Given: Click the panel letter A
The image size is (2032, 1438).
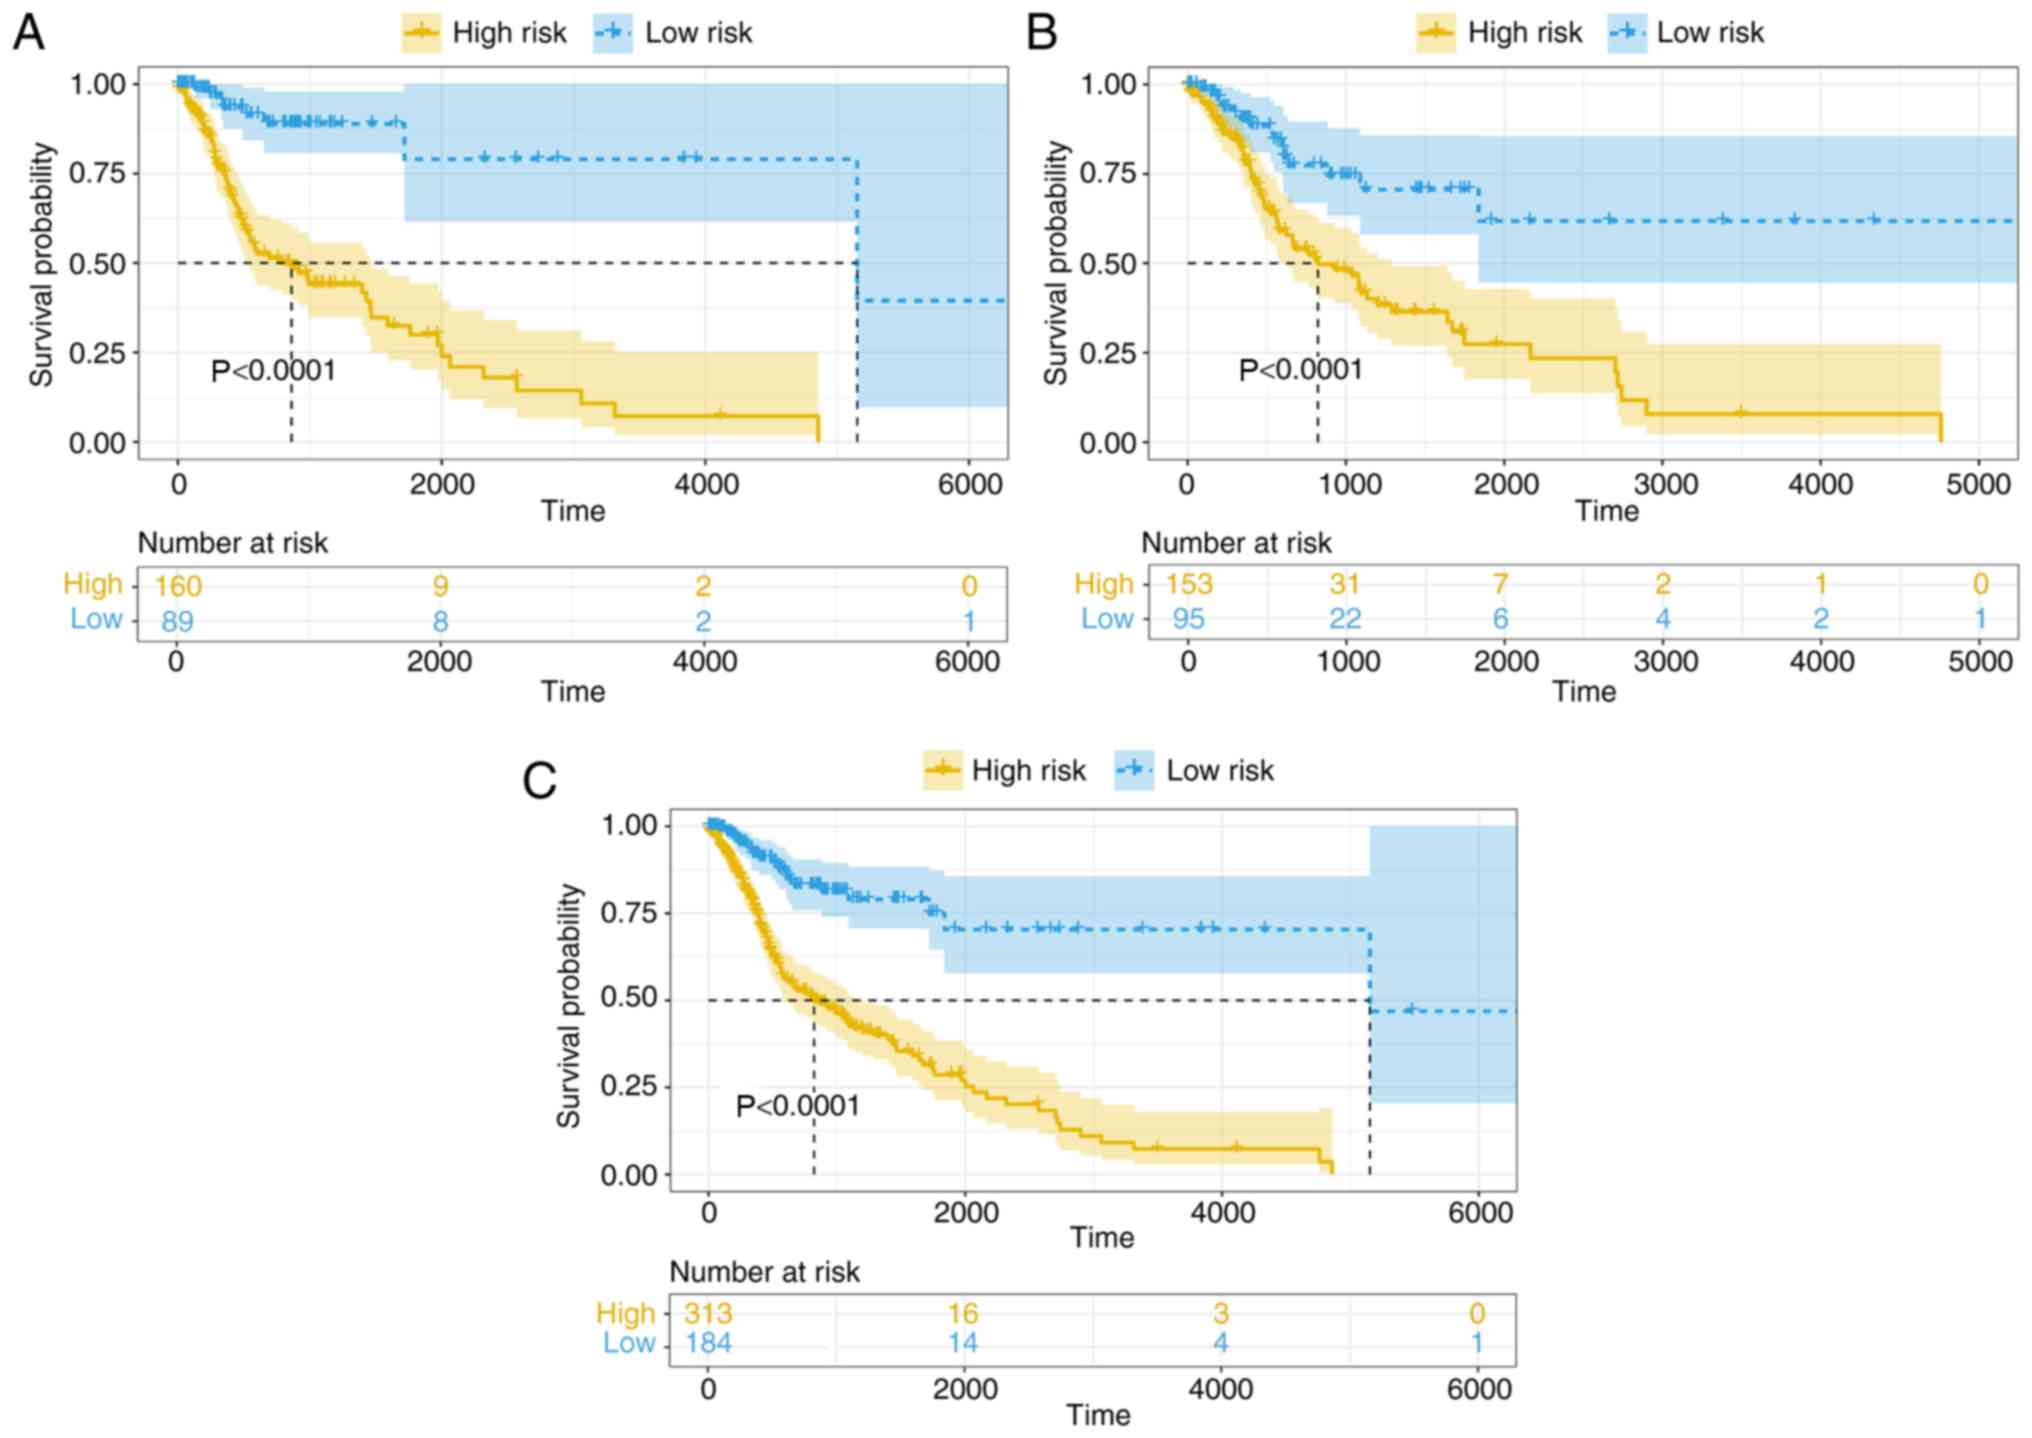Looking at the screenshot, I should (28, 32).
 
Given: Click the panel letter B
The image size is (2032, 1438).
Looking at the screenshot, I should (1042, 32).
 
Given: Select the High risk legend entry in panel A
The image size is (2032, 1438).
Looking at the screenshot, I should (486, 33).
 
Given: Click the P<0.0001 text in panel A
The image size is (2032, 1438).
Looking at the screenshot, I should (273, 372).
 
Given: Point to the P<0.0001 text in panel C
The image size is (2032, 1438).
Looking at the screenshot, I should (797, 1106).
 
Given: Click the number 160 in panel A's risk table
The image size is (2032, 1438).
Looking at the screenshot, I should (178, 586).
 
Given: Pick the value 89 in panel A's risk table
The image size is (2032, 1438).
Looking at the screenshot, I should (177, 621).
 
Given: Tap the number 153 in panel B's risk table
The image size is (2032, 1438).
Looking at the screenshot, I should (1188, 584).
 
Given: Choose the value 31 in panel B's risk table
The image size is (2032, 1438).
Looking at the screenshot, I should (1345, 584).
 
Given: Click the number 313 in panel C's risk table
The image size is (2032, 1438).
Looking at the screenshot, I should (708, 1313).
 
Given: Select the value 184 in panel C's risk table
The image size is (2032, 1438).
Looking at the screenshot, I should (708, 1343).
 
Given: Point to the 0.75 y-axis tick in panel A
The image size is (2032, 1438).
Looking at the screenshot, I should (97, 174).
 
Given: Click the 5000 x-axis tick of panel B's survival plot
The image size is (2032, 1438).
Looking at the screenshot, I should (1979, 485).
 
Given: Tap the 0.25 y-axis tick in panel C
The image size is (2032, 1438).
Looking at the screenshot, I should (628, 1086).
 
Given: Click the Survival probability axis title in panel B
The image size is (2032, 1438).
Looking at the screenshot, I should (1056, 263).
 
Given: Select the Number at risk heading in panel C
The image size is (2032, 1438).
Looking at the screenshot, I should (764, 1272).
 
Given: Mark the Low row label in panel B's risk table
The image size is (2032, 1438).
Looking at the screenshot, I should (1106, 619).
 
